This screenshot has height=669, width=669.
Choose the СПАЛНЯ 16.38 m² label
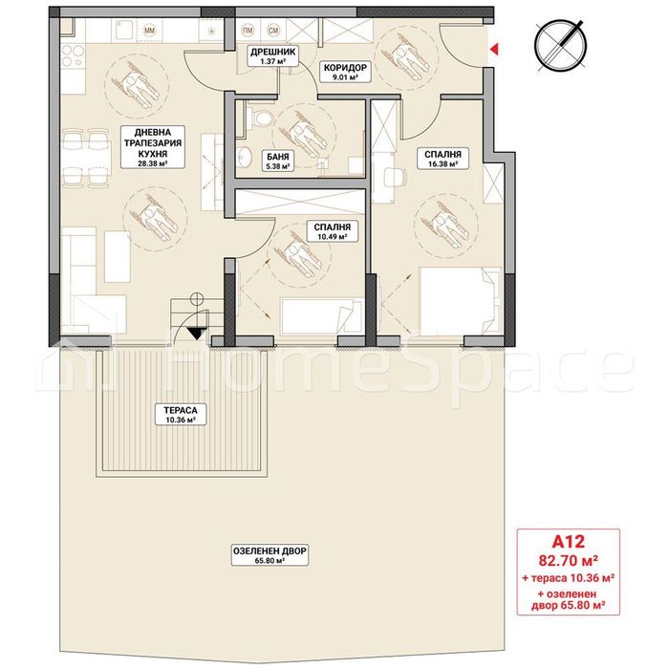click(x=437, y=159)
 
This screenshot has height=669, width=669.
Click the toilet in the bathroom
click(x=250, y=117)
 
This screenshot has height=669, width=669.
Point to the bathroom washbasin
click(x=244, y=159)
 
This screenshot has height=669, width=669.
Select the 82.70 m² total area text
click(x=569, y=560)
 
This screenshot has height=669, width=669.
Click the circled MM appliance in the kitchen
click(x=148, y=31)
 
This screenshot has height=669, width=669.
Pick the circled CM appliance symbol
click(x=273, y=31)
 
